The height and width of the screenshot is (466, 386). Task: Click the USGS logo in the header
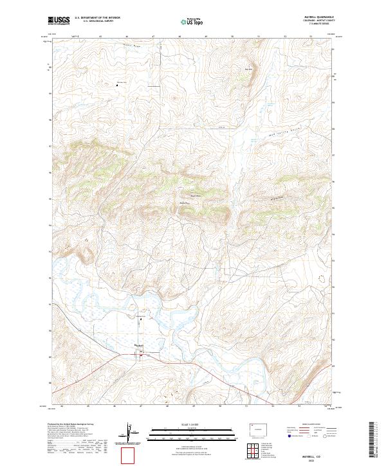click(59, 21)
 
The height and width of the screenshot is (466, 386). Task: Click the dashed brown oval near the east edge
click(321, 279)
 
